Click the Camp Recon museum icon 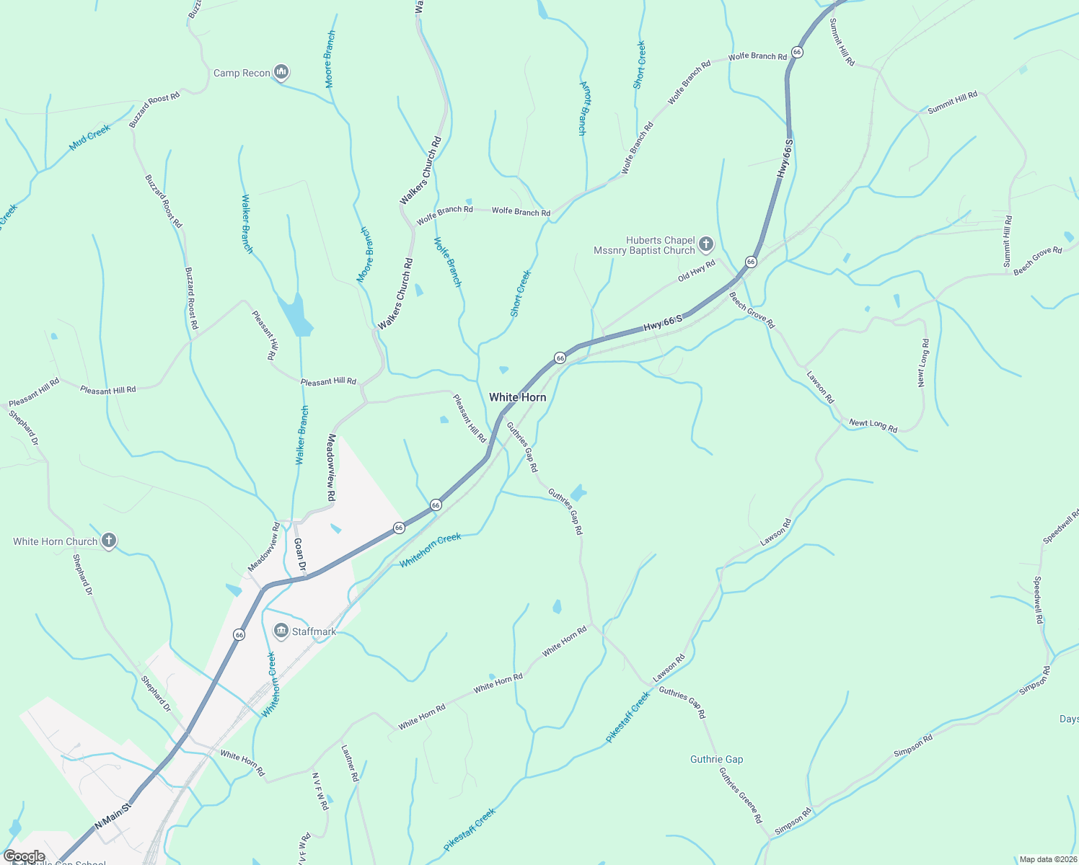coord(281,72)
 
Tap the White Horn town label coord(517,397)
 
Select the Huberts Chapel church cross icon coord(706,244)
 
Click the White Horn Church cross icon coord(108,541)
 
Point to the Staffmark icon coord(281,631)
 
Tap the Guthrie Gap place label coord(716,759)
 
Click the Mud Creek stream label coord(89,137)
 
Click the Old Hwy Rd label coord(696,271)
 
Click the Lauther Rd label coord(349,763)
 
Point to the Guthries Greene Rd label coord(740,795)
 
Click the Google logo coord(24,856)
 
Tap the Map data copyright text coord(1047,859)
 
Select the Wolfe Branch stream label coord(447,262)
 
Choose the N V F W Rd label coord(320,791)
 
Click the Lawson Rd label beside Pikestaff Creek coord(669,668)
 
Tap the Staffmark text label coord(314,631)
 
